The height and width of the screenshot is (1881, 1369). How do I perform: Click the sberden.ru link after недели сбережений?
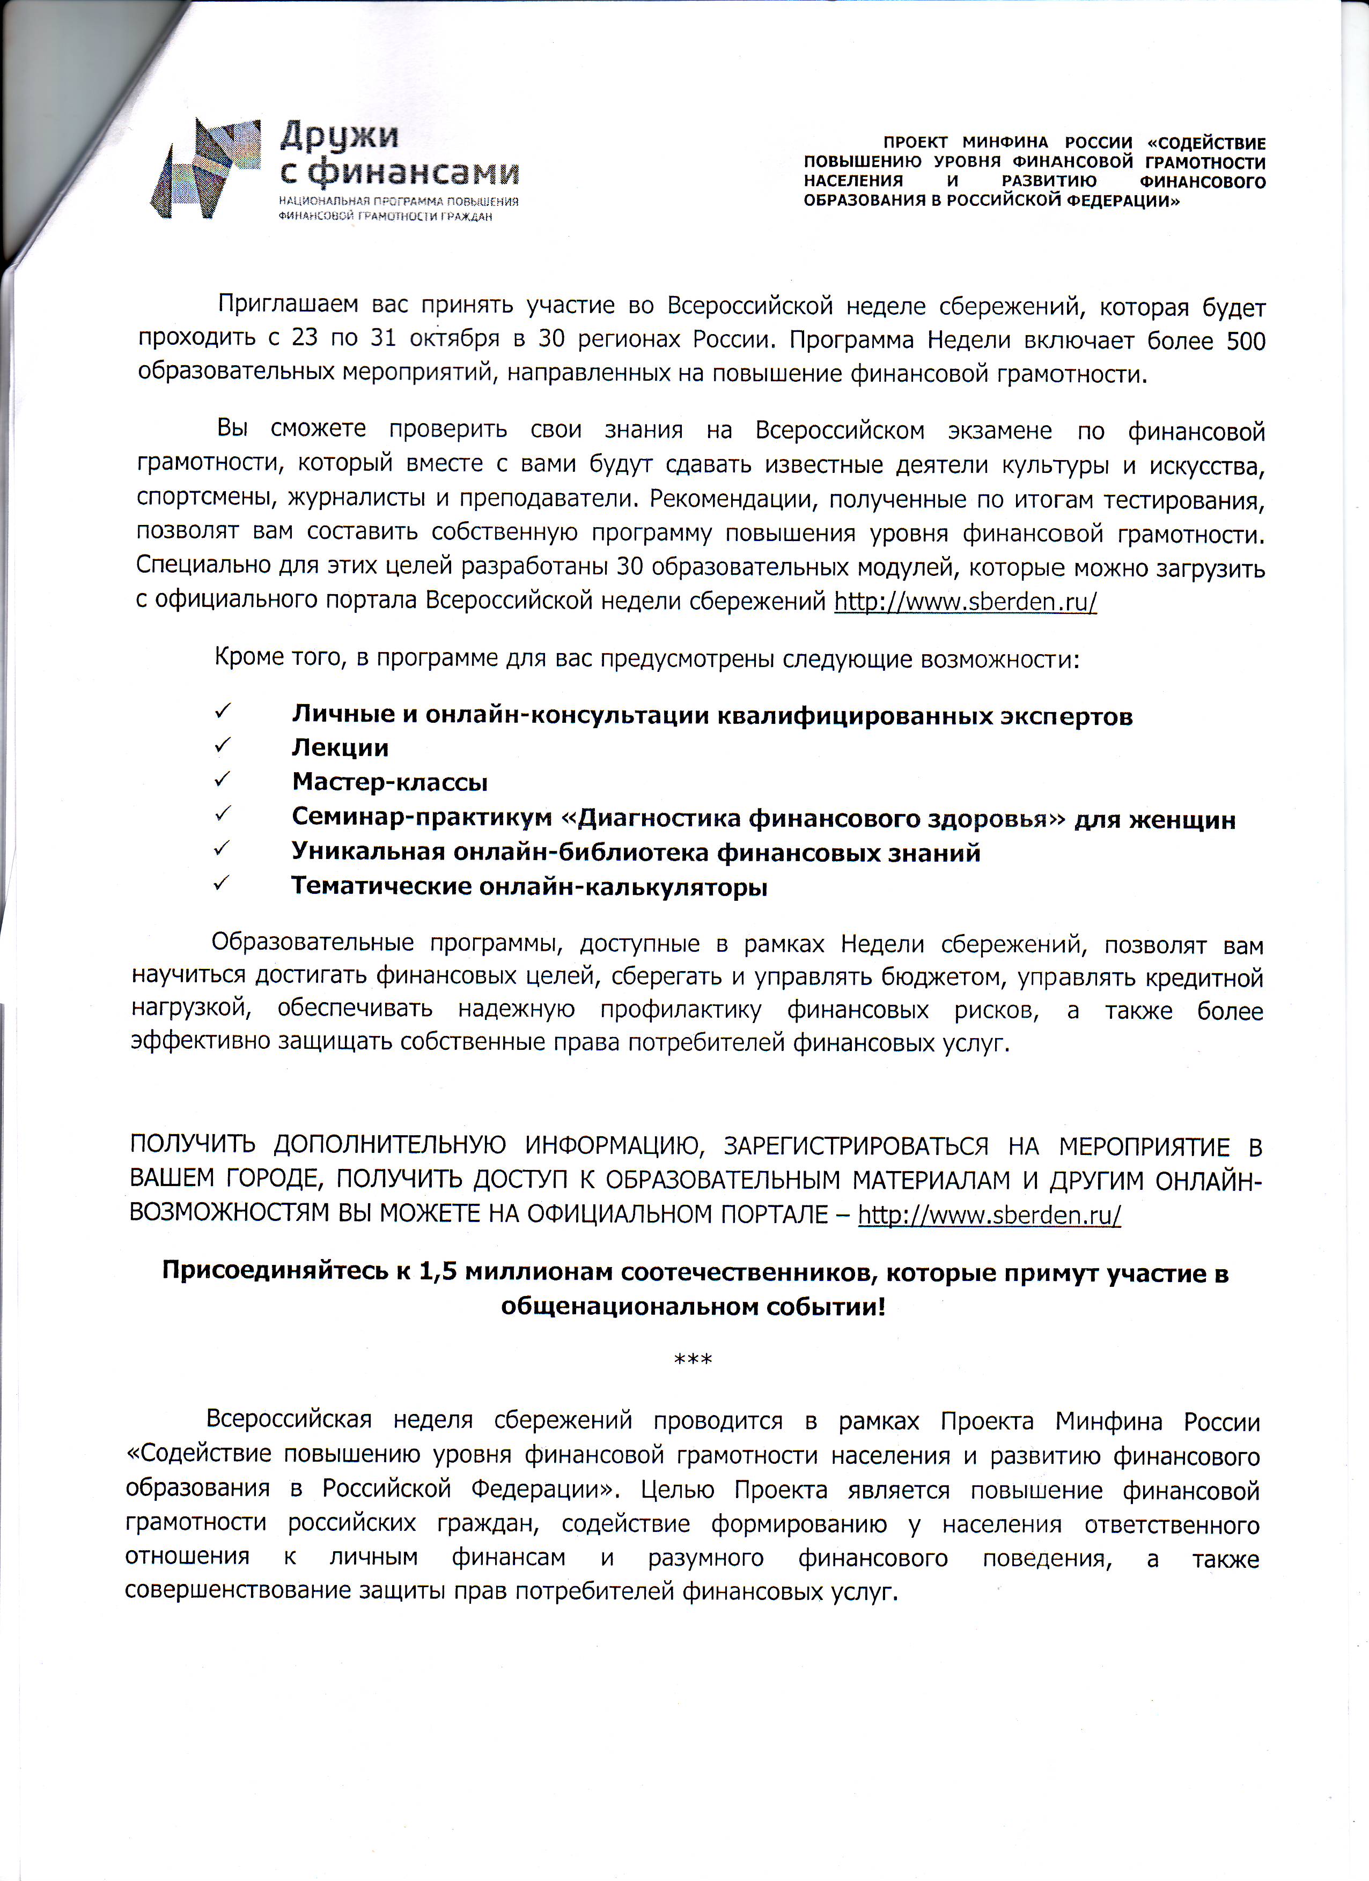[x=965, y=601]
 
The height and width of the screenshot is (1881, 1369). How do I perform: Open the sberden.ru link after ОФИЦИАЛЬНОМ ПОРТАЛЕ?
[x=989, y=1215]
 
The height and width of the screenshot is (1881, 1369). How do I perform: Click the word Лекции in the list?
[x=340, y=748]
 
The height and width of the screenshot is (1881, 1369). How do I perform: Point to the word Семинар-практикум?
[x=422, y=818]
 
